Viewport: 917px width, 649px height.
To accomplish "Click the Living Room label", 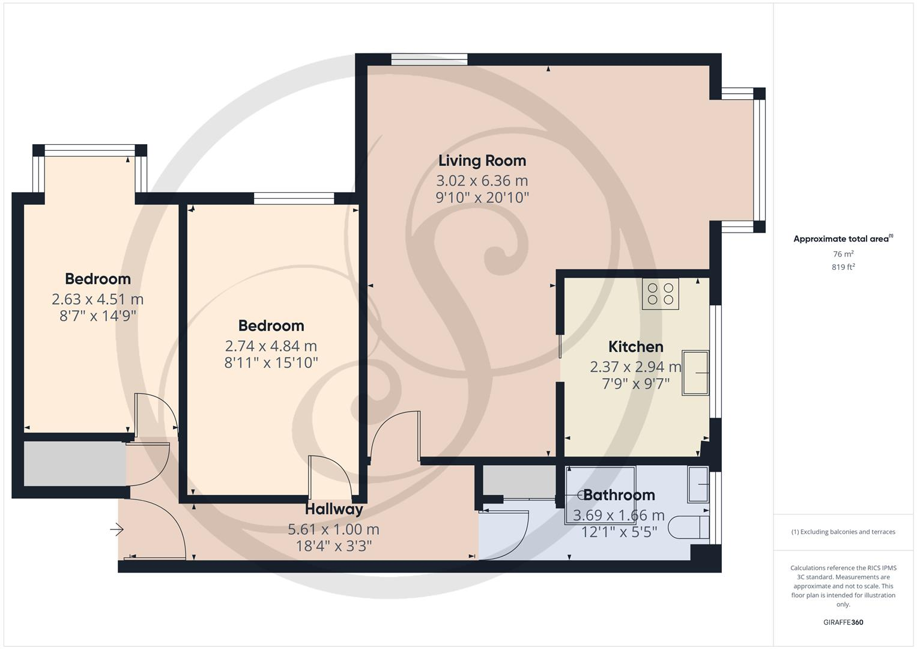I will [x=482, y=160].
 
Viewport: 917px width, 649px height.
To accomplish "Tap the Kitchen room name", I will [x=635, y=347].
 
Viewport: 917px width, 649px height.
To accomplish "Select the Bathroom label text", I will [x=619, y=495].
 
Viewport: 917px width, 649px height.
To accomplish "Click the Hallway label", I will [x=334, y=509].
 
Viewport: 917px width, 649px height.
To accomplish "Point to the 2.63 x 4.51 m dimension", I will [x=97, y=299].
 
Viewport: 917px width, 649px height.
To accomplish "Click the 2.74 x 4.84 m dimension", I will [x=271, y=346].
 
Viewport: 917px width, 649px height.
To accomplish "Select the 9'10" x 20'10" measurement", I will [x=482, y=197].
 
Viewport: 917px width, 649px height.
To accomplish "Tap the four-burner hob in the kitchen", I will [x=660, y=294].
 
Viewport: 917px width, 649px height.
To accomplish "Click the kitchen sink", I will [x=695, y=373].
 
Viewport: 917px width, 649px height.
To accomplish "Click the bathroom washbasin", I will [x=698, y=484].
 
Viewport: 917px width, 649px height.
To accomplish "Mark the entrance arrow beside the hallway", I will [x=117, y=529].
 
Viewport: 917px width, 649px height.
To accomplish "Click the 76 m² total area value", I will [x=843, y=254].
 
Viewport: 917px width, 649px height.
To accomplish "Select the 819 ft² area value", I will [x=843, y=267].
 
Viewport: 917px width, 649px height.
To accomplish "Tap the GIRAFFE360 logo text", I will [x=843, y=622].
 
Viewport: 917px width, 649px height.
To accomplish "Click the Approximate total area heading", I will [x=843, y=239].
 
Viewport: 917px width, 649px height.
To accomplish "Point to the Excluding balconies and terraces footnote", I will [x=843, y=532].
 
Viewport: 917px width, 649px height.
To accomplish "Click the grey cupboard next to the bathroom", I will [x=519, y=480].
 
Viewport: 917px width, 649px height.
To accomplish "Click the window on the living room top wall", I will [x=429, y=59].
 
